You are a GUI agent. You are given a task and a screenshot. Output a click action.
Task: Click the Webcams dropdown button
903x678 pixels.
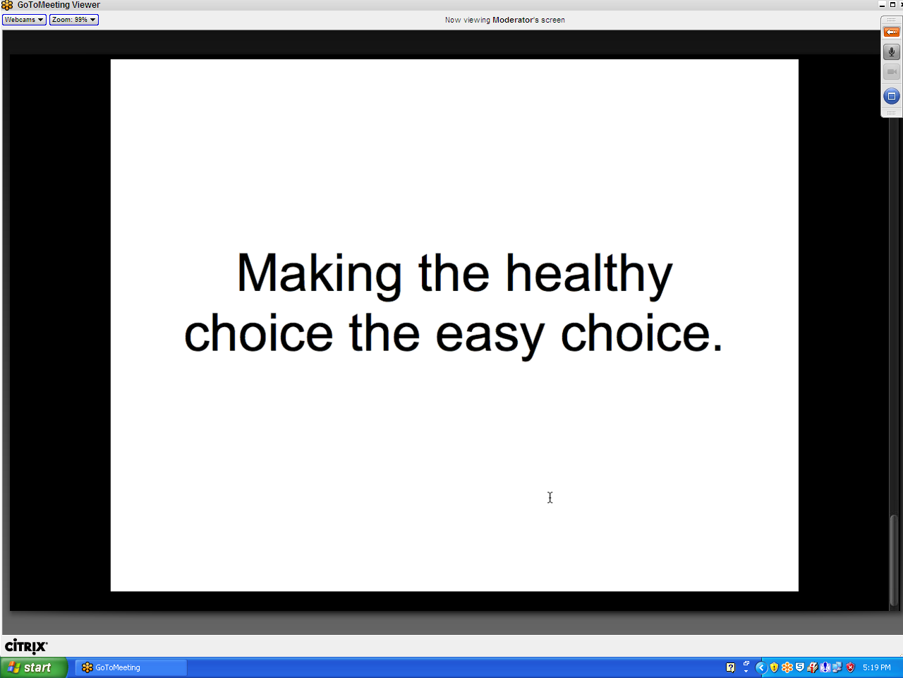tap(24, 20)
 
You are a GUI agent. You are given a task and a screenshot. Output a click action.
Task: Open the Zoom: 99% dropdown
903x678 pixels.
tap(74, 20)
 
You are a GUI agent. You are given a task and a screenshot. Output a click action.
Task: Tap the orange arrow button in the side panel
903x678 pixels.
tap(891, 32)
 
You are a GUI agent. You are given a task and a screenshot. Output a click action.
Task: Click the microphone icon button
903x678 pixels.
tap(891, 52)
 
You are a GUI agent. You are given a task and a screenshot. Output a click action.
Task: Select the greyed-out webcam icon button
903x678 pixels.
tap(891, 72)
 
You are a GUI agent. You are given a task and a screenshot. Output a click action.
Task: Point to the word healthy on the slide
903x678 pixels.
tap(588, 275)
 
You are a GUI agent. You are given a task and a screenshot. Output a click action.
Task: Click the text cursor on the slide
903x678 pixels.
tap(550, 497)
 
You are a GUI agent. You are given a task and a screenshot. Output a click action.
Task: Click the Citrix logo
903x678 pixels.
tap(26, 646)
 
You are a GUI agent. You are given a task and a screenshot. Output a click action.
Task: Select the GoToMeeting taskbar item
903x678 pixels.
tap(131, 667)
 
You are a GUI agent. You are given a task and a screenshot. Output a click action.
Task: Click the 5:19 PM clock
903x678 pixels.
tap(876, 667)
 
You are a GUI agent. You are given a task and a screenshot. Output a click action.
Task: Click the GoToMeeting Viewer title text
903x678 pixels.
tap(59, 5)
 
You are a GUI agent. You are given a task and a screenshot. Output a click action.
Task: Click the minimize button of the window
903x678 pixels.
tap(882, 5)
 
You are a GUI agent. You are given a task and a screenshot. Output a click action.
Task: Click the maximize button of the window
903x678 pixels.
tap(892, 4)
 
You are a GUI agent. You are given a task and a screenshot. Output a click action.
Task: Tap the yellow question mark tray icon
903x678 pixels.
tap(730, 667)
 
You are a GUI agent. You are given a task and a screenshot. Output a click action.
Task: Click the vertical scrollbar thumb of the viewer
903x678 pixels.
tap(893, 560)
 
